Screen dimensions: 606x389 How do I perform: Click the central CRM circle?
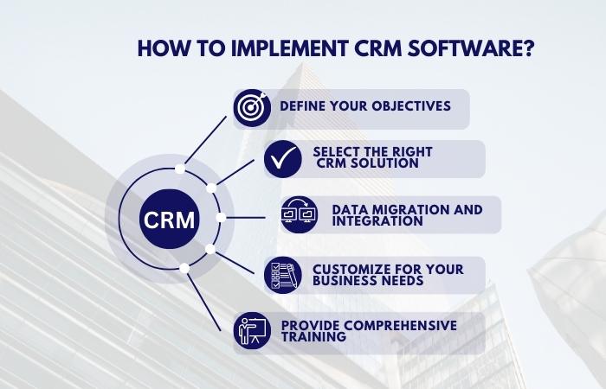[x=170, y=220]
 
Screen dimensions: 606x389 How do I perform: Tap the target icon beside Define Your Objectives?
[x=252, y=108]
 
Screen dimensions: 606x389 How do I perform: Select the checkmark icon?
[x=283, y=159]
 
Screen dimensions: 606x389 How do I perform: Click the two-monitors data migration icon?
[x=300, y=214]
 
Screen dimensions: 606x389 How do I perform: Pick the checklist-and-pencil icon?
[x=283, y=275]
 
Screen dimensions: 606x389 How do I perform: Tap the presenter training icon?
[x=252, y=331]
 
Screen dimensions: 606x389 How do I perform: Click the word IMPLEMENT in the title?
[x=289, y=48]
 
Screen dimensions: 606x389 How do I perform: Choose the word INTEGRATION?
[x=377, y=221]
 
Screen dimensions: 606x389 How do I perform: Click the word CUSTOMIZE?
[x=351, y=270]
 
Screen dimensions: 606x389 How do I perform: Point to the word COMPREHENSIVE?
[x=399, y=325]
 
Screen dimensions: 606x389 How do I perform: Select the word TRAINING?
[x=313, y=336]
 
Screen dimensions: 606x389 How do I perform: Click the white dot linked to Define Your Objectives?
[x=180, y=169]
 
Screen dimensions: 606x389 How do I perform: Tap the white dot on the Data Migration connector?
[x=221, y=218]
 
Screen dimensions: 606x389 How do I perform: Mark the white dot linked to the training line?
[x=184, y=268]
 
